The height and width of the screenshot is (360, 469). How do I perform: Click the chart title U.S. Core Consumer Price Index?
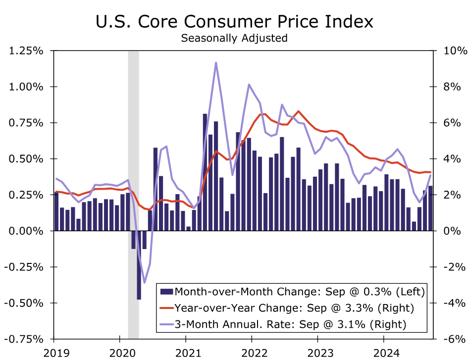[x=234, y=22]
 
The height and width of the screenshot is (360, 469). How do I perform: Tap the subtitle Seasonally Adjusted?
[x=234, y=38]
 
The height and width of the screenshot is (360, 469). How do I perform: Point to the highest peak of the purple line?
[x=216, y=63]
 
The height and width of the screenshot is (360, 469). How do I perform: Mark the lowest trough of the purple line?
[x=145, y=282]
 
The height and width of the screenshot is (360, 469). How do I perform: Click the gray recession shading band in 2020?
[x=133, y=149]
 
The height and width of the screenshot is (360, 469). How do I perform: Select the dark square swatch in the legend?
[x=167, y=291]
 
